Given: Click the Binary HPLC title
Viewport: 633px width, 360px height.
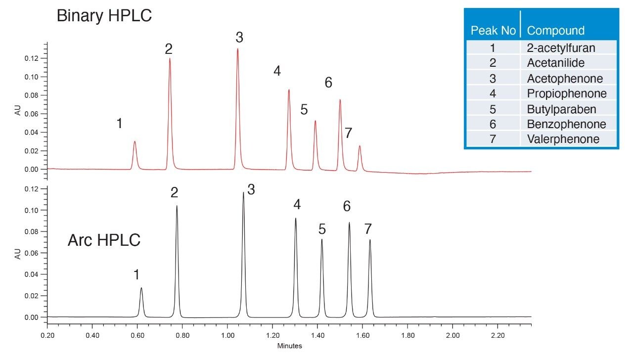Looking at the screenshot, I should coord(104,16).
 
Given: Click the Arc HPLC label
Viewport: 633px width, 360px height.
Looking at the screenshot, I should coord(104,241).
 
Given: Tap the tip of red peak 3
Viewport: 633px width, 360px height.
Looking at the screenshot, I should coord(237,48).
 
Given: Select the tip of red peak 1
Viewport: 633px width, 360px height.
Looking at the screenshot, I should coord(135,141).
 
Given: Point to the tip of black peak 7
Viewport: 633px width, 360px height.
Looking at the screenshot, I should coord(369,240).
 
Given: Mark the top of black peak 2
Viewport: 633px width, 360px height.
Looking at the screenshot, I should coord(177,206).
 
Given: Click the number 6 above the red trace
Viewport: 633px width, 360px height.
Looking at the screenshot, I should coord(328,83).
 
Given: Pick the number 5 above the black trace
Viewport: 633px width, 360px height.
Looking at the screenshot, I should coord(322,229).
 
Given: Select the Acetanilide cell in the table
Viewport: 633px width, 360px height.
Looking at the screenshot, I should coord(556,63).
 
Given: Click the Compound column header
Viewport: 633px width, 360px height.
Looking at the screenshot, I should coord(555,31).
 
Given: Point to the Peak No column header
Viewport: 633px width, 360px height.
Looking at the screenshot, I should coord(493,31).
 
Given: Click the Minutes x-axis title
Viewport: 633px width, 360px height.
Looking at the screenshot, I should coord(289,346).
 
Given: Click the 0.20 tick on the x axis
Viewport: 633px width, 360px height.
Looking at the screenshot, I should coord(47,335).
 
